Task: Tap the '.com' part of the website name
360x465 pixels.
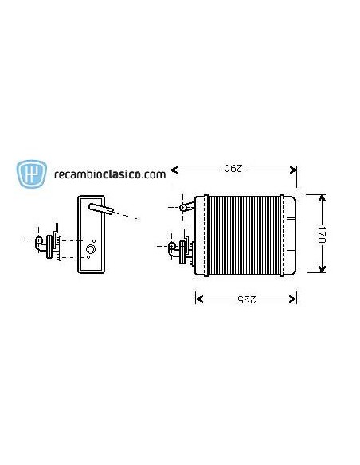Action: pos(155,173)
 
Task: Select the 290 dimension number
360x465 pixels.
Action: pos(232,169)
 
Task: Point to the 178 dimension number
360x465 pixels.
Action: pos(323,234)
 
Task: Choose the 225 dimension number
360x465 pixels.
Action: pos(246,299)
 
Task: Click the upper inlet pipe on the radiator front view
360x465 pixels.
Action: pos(185,207)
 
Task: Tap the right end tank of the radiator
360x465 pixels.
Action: pos(291,234)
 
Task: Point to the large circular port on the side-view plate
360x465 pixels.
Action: pos(91,250)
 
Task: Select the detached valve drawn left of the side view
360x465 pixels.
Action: pos(49,244)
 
